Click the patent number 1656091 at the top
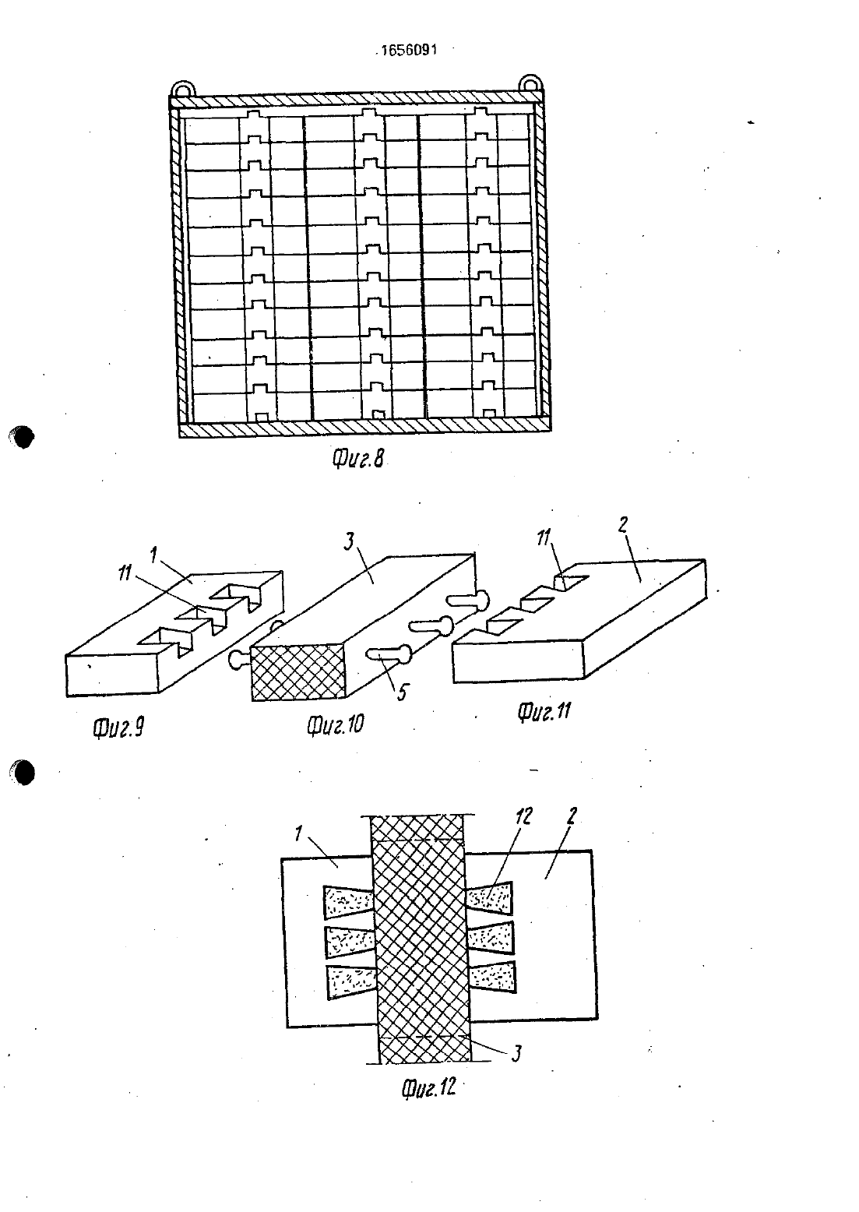(x=409, y=51)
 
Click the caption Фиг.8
(x=357, y=460)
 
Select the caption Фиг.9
(x=118, y=728)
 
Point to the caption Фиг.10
(x=336, y=724)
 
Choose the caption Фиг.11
(x=544, y=711)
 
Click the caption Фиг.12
(x=429, y=1087)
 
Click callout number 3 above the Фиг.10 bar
(x=350, y=541)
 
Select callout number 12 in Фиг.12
(x=523, y=816)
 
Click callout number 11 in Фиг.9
(x=125, y=573)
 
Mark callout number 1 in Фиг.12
(x=298, y=834)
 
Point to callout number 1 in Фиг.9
(x=153, y=555)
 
